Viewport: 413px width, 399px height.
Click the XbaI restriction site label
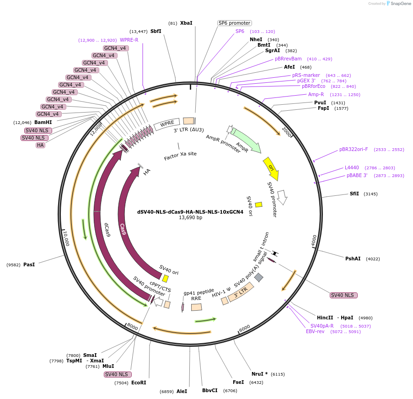pyautogui.click(x=186, y=23)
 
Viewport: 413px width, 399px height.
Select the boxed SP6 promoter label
pyautogui.click(x=234, y=23)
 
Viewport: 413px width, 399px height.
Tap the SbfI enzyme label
pyautogui.click(x=156, y=32)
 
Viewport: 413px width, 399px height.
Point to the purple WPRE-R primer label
pyautogui.click(x=129, y=40)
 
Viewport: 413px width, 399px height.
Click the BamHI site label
pyautogui.click(x=43, y=122)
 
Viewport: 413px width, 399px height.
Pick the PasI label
pyautogui.click(x=29, y=264)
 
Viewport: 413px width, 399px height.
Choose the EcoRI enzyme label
pyautogui.click(x=139, y=383)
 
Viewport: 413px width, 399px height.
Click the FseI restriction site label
pyautogui.click(x=238, y=382)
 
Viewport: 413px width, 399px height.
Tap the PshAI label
pyautogui.click(x=353, y=259)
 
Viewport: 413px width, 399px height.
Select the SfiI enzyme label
pyautogui.click(x=354, y=194)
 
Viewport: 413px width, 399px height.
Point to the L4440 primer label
pyautogui.click(x=352, y=168)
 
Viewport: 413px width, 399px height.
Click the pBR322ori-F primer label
pyautogui.click(x=353, y=149)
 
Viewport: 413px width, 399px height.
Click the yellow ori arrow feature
pyautogui.click(x=271, y=168)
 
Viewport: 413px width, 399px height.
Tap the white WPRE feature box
pyautogui.click(x=166, y=124)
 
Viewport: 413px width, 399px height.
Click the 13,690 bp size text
pyautogui.click(x=190, y=218)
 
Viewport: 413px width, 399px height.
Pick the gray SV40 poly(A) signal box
pyautogui.click(x=259, y=277)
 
